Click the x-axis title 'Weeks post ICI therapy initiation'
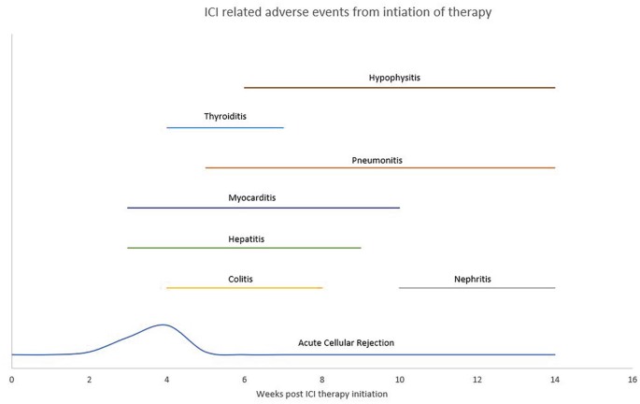click(321, 394)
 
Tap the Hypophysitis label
click(394, 78)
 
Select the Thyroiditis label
click(224, 117)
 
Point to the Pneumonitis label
click(377, 160)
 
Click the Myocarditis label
click(251, 198)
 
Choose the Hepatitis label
click(246, 239)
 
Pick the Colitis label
click(240, 279)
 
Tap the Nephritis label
click(472, 279)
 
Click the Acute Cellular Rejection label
click(346, 343)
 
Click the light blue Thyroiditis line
click(224, 127)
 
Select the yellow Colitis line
click(244, 288)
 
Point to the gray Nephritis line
click(476, 288)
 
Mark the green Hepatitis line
click(244, 248)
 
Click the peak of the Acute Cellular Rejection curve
click(164, 325)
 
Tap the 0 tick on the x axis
click(11, 380)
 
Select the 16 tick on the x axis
click(632, 380)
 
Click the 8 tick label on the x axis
click(321, 380)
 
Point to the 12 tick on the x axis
click(477, 380)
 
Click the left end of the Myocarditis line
click(128, 208)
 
